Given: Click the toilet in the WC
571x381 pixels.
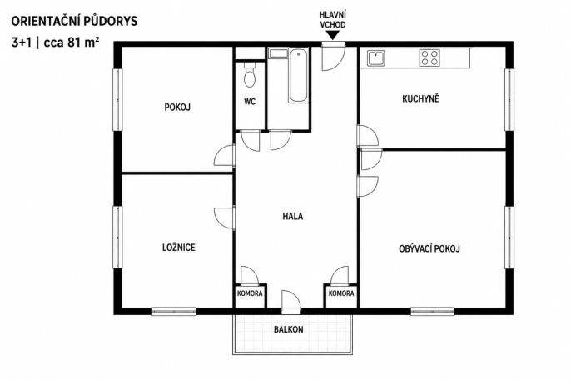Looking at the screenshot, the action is (x=250, y=75).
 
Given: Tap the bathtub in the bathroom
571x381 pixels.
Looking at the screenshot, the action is (x=298, y=75).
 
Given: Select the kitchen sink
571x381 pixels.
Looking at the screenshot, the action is (x=376, y=58).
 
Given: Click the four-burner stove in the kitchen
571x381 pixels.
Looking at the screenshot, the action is (x=429, y=58).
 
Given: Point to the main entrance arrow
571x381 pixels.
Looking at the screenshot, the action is (x=333, y=35).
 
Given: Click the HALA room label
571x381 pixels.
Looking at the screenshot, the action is (x=293, y=216).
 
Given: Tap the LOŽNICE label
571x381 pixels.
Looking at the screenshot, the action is (x=178, y=248).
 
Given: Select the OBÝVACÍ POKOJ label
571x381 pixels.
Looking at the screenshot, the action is (x=429, y=248).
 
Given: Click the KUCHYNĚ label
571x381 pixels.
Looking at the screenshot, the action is (x=420, y=98).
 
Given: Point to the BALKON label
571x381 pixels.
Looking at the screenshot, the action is (x=288, y=329).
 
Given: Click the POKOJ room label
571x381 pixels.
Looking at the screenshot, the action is (x=177, y=108).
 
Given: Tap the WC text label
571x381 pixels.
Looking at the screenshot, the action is (x=250, y=102).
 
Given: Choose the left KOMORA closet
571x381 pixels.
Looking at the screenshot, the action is (x=250, y=296).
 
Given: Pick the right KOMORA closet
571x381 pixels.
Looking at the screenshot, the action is (x=341, y=296).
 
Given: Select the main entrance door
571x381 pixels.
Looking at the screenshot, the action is (x=333, y=56).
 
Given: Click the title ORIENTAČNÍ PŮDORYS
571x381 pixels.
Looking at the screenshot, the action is (x=74, y=21).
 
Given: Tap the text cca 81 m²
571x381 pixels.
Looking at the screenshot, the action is (x=72, y=43).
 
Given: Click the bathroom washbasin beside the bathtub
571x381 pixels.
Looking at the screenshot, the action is (x=278, y=53).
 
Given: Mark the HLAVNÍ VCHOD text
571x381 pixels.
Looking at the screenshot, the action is (x=333, y=20).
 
